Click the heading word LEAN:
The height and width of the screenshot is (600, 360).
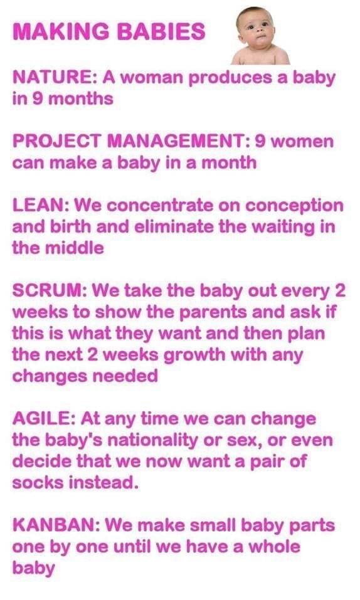click(x=36, y=206)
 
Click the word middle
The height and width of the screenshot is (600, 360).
click(x=74, y=247)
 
